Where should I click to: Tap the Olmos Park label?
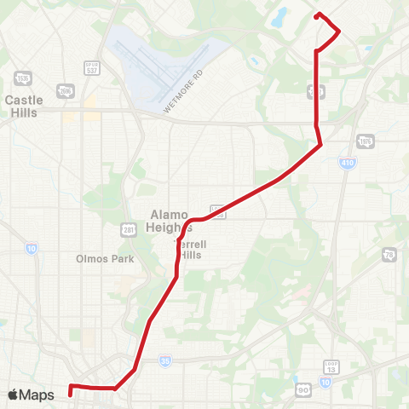pyautogui.click(x=105, y=258)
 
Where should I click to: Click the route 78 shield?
pyautogui.click(x=389, y=254)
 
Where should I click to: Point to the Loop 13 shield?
pyautogui.click(x=331, y=366)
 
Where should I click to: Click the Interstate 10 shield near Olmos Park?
pyautogui.click(x=32, y=249)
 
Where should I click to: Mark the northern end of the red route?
pyautogui.click(x=317, y=14)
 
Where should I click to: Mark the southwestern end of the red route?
pyautogui.click(x=69, y=393)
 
